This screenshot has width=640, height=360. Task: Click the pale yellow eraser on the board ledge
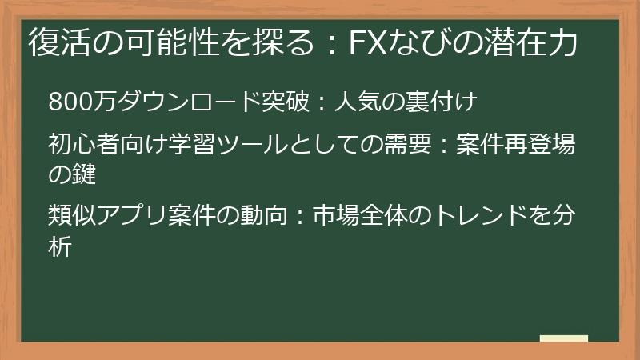(x=563, y=338)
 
